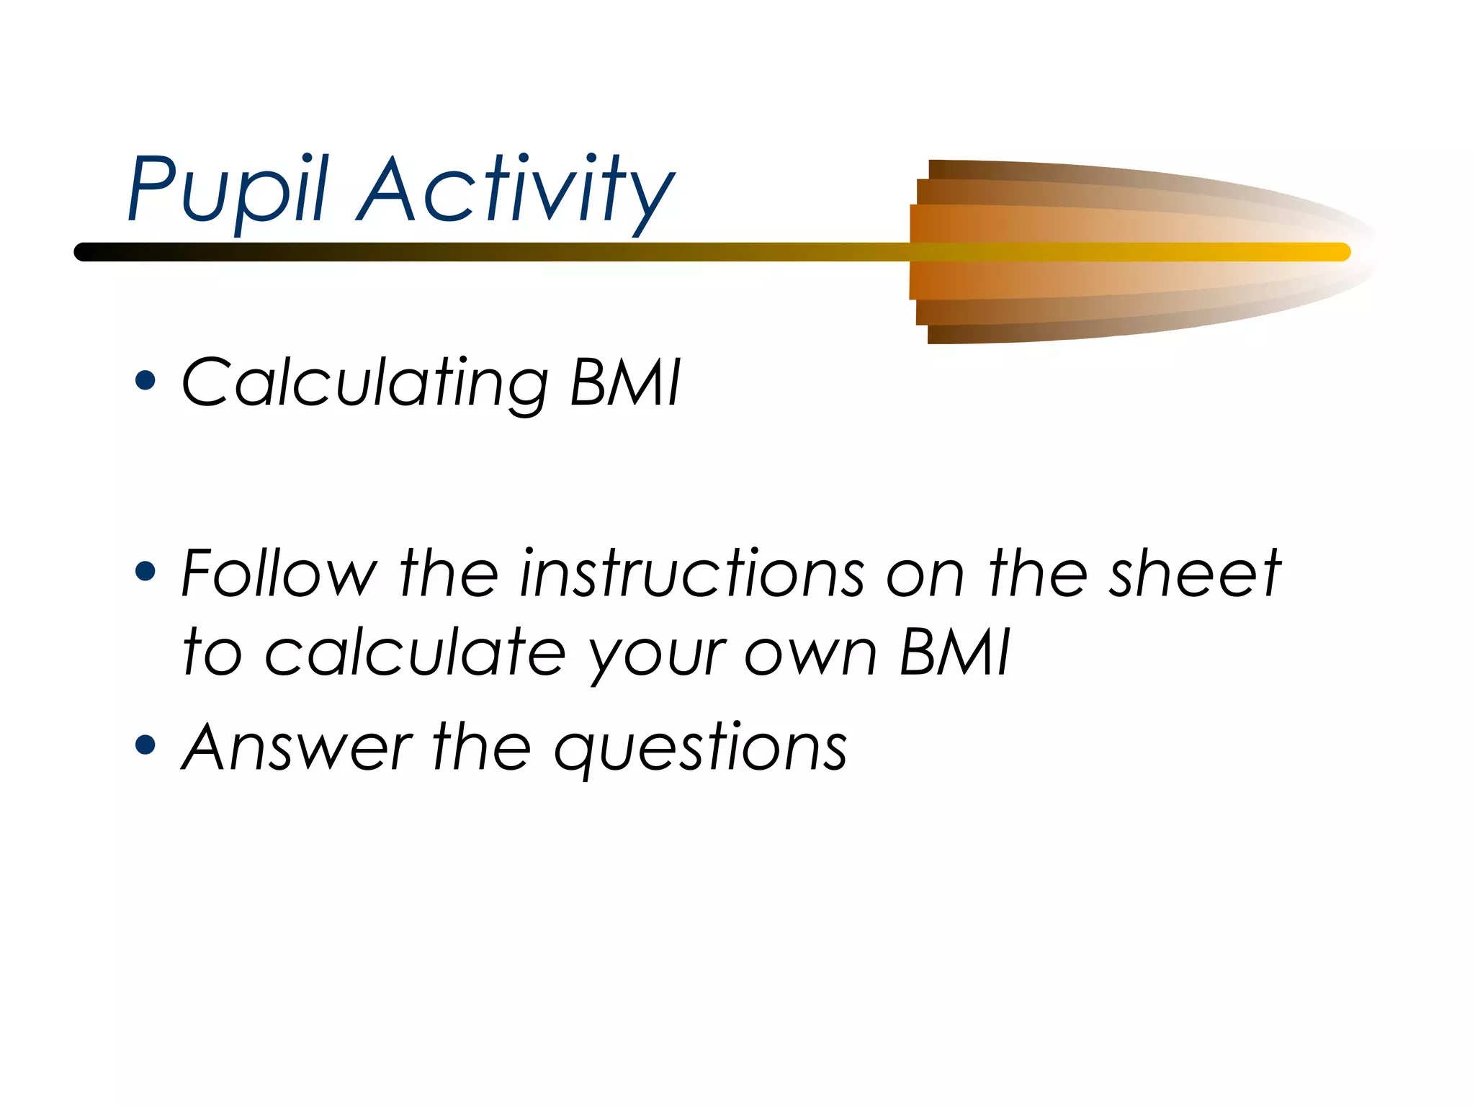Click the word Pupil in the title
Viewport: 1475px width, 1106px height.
pos(228,189)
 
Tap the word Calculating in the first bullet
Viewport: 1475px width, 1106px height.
pos(364,383)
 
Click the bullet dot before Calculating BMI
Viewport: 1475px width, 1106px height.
pos(145,380)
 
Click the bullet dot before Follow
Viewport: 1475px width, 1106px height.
pos(145,572)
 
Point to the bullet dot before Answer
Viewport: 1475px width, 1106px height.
pos(145,745)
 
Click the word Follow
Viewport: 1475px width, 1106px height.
pos(279,573)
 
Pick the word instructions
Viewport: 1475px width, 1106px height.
pos(691,573)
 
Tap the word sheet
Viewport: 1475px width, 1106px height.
pos(1194,573)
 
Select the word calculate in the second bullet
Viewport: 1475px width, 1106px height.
pos(416,652)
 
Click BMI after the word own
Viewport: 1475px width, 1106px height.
pos(956,652)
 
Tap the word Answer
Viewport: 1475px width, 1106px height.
pos(297,747)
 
